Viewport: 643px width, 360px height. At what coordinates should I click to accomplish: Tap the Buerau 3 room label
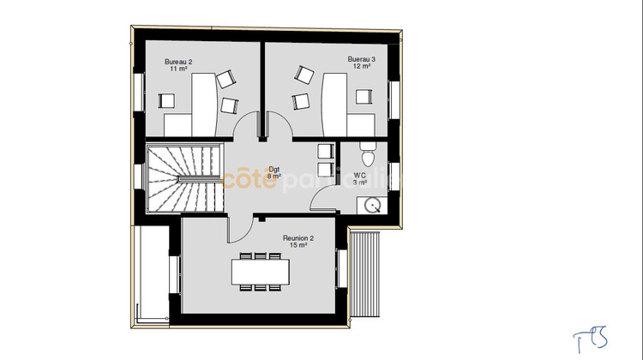361,59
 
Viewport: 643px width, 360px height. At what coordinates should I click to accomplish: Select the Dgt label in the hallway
273,169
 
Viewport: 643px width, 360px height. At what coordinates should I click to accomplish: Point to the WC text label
359,176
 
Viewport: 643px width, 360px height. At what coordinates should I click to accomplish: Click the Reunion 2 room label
298,238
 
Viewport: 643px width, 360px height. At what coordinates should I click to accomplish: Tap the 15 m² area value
298,245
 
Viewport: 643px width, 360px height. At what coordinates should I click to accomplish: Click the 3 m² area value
360,183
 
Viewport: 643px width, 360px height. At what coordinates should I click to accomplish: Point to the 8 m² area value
273,176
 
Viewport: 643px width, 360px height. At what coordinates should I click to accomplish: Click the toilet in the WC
368,155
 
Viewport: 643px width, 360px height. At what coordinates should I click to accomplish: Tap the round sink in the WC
372,205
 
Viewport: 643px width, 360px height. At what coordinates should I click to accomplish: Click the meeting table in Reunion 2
261,271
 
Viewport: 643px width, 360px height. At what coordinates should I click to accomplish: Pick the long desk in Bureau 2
202,104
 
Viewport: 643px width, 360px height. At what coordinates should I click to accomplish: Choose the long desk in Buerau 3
332,103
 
